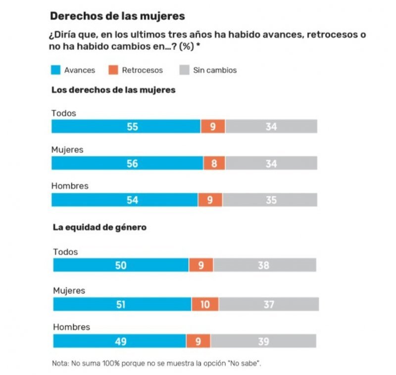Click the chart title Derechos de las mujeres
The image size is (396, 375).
[117, 16]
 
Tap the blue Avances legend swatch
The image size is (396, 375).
[56, 70]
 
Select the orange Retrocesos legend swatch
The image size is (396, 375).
[113, 70]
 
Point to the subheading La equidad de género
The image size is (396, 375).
[99, 228]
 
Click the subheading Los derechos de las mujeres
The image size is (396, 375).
[113, 91]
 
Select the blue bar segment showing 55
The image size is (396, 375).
[126, 127]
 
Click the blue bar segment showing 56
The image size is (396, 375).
[127, 163]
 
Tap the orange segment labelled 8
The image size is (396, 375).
[214, 163]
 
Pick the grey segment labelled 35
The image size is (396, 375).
[270, 200]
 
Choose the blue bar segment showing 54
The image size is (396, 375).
[124, 200]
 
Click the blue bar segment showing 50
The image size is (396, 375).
[121, 266]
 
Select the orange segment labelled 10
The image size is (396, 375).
[205, 304]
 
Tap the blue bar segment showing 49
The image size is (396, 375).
[119, 341]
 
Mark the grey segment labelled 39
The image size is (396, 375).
[263, 341]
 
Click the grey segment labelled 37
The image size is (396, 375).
[269, 304]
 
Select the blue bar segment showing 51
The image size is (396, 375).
[122, 304]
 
